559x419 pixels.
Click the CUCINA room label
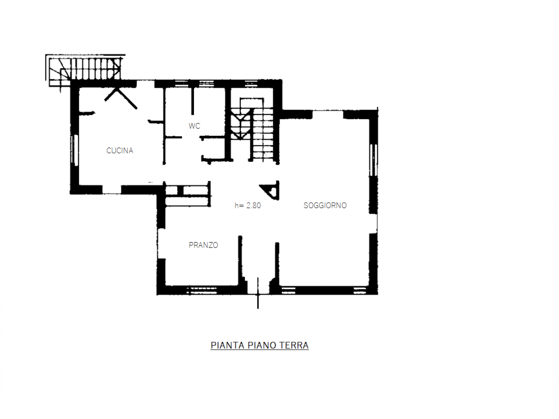119,151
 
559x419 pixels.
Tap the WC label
194,126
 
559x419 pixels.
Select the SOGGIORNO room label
325,205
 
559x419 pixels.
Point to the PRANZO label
203,245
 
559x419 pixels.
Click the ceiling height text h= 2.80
248,205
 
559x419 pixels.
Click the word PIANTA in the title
228,345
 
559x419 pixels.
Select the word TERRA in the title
294,345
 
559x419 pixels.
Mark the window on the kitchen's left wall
75,150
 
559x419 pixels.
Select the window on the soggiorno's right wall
373,160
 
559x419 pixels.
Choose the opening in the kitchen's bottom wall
111,190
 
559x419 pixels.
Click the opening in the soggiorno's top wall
328,114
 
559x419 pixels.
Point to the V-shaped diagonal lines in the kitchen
121,98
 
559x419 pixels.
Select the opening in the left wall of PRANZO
161,244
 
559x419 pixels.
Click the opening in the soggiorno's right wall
373,223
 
